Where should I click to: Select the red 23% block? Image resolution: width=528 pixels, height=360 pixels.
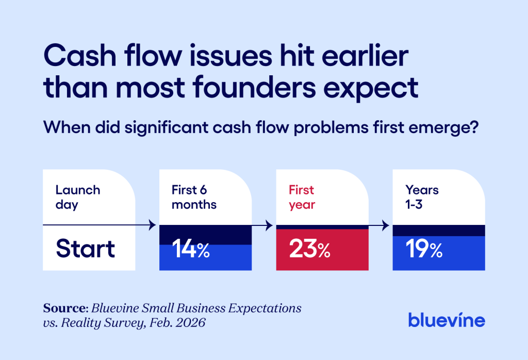click(322, 250)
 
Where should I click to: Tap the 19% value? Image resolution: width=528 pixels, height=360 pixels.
click(424, 250)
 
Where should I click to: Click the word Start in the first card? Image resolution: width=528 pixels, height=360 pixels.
click(86, 249)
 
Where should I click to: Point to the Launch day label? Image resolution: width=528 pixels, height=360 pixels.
click(77, 197)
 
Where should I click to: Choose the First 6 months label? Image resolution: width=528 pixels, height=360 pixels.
click(194, 197)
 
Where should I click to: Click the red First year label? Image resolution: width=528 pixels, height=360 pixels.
click(302, 197)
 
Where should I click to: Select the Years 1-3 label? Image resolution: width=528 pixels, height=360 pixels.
click(422, 197)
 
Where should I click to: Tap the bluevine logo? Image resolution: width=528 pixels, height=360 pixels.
click(447, 320)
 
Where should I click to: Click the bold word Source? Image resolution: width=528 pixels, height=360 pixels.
click(64, 308)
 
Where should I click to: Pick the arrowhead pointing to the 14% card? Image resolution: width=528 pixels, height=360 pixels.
click(152, 225)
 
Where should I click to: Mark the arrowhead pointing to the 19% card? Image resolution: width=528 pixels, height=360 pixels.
click(386, 225)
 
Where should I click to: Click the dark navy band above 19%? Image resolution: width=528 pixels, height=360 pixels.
click(439, 231)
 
